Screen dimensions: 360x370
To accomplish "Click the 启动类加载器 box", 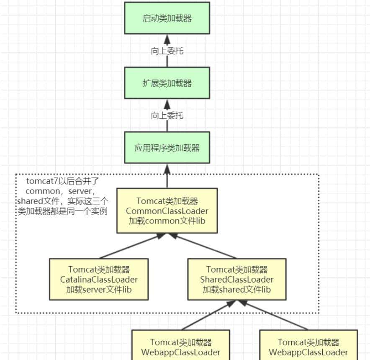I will point(167,18).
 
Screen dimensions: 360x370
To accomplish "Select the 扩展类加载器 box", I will point(167,83).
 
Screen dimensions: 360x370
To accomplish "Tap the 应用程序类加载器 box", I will point(167,148).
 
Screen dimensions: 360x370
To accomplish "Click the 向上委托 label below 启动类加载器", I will point(167,51).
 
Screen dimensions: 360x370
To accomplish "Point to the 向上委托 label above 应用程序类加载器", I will point(167,116).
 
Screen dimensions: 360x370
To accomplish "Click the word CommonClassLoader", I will point(167,211).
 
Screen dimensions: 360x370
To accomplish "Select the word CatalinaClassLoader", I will point(99,279).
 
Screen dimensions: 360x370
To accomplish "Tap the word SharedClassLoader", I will point(237,279).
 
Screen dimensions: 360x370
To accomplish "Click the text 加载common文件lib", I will point(167,220).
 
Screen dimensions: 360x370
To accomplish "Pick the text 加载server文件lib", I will point(99,289).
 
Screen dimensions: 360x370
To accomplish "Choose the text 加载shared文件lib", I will point(237,289).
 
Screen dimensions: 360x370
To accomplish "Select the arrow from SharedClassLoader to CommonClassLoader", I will point(206,246).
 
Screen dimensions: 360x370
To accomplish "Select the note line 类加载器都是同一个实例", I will point(62,211).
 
